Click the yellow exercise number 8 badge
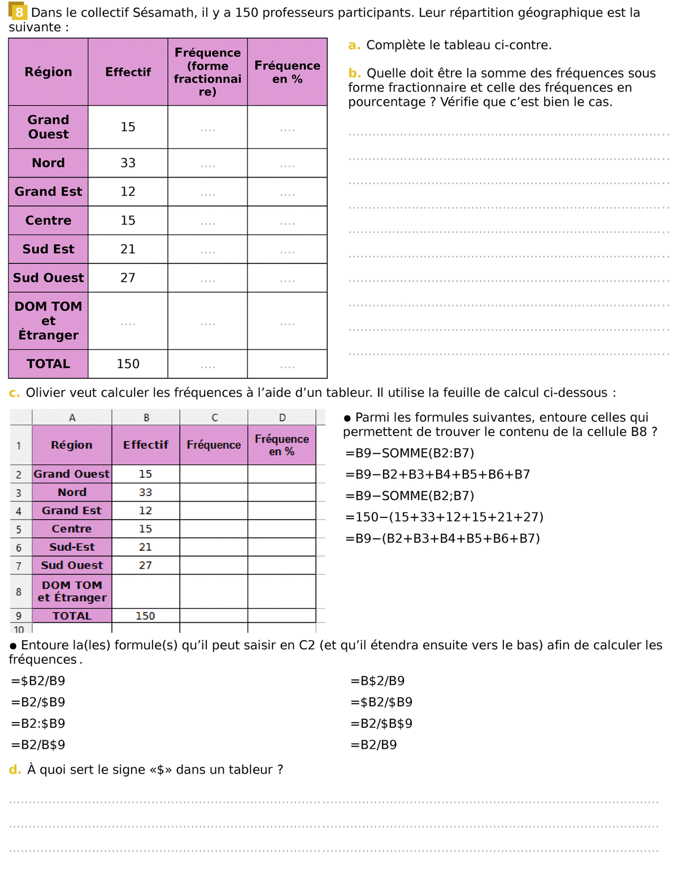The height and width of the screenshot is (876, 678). point(19,12)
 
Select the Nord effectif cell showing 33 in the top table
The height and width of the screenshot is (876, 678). point(128,163)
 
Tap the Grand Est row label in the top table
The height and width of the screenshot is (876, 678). point(49,192)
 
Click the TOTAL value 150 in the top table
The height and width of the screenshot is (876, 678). point(128,364)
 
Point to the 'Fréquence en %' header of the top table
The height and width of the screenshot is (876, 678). point(287,72)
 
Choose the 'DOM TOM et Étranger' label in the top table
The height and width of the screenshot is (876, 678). point(49,321)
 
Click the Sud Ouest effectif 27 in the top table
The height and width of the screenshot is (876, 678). point(128,278)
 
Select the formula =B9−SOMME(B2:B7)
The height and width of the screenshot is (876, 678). point(410,453)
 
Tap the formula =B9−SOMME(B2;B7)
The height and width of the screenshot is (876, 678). point(410,496)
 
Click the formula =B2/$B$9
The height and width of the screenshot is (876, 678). point(381,723)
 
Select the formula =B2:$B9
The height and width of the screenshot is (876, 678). point(38,723)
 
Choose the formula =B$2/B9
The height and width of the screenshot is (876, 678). point(377,681)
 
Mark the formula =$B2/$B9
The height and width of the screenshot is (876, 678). point(381,702)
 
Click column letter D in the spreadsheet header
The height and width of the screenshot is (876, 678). point(282,417)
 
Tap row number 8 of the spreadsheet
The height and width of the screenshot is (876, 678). point(19,592)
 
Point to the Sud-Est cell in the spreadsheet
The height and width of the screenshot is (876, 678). point(72,547)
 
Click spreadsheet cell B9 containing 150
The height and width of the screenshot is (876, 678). point(145,616)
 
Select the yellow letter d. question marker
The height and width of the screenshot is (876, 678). point(15,770)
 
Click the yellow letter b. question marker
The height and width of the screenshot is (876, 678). point(354,73)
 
